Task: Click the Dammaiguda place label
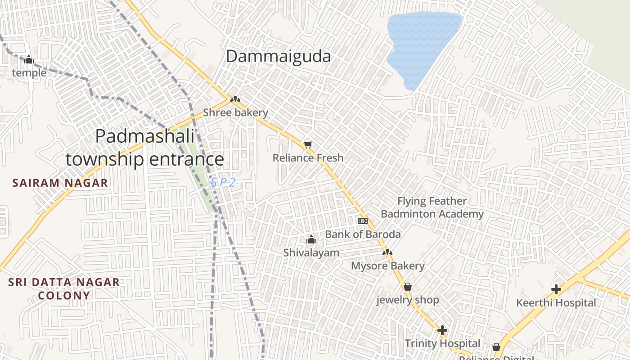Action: (x=278, y=57)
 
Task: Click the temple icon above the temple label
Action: (x=29, y=59)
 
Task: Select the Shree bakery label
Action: (x=235, y=112)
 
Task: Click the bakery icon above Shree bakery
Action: (x=235, y=99)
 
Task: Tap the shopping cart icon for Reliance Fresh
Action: (x=308, y=144)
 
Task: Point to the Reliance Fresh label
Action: (x=308, y=158)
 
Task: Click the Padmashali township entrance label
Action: (x=144, y=148)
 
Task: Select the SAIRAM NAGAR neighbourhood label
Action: (x=60, y=183)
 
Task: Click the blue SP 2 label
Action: (x=223, y=182)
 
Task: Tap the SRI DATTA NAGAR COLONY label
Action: (x=64, y=289)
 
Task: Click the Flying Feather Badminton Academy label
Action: (x=432, y=207)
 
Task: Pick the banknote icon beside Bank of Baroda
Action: (x=362, y=220)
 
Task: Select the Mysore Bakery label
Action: (x=387, y=266)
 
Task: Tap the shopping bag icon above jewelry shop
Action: (x=408, y=287)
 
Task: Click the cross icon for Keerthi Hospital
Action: (x=556, y=289)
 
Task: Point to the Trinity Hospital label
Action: (x=442, y=343)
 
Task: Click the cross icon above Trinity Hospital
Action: (x=442, y=330)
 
